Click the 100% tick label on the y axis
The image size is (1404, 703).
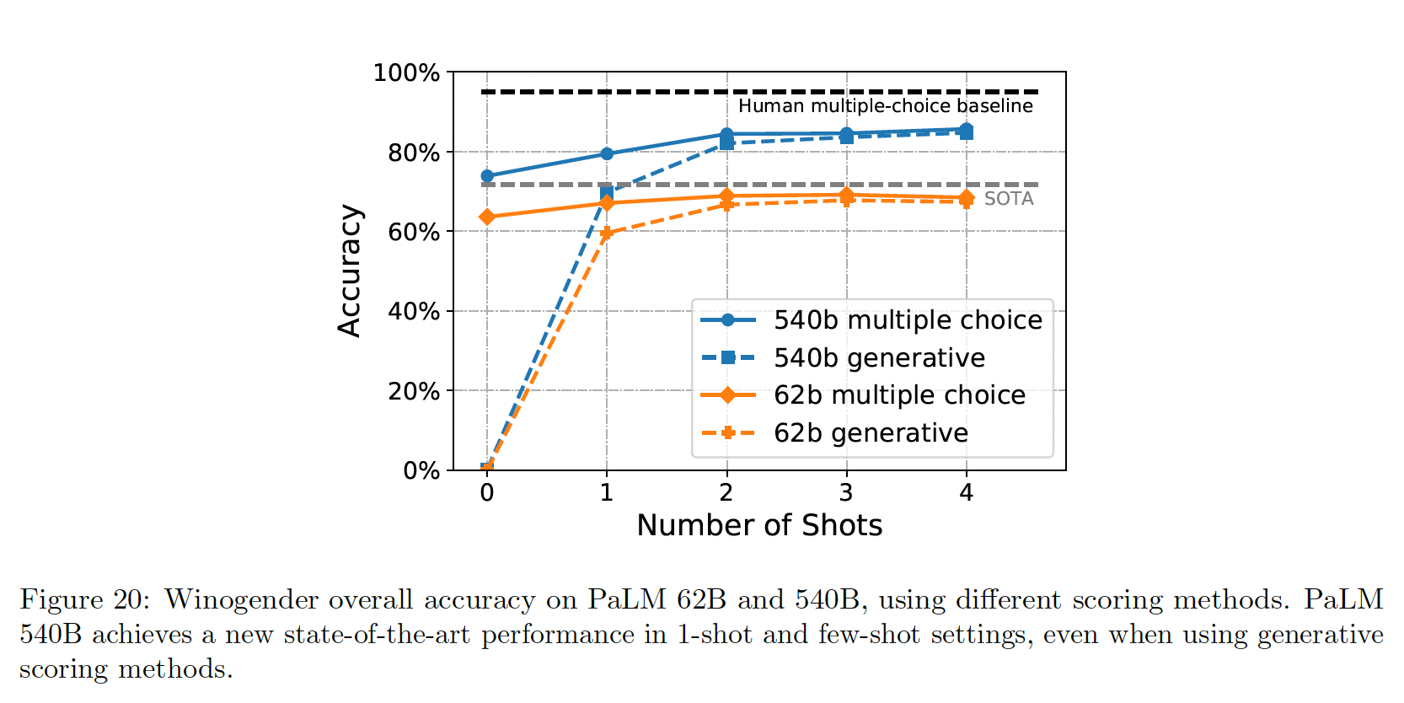406,73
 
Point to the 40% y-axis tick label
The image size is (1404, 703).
414,312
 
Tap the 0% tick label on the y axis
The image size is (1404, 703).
421,471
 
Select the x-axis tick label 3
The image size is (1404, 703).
846,493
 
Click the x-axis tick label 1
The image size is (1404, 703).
607,493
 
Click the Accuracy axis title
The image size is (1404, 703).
350,271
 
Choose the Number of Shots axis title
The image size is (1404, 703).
759,525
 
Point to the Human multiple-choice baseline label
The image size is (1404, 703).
885,106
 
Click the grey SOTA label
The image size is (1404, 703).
1009,199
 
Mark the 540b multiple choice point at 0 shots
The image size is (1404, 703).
487,176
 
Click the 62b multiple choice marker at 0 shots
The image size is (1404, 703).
487,217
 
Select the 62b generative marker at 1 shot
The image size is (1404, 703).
607,233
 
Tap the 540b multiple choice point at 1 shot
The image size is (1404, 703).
607,154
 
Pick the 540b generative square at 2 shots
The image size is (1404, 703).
726,144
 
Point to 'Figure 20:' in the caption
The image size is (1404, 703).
84,599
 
